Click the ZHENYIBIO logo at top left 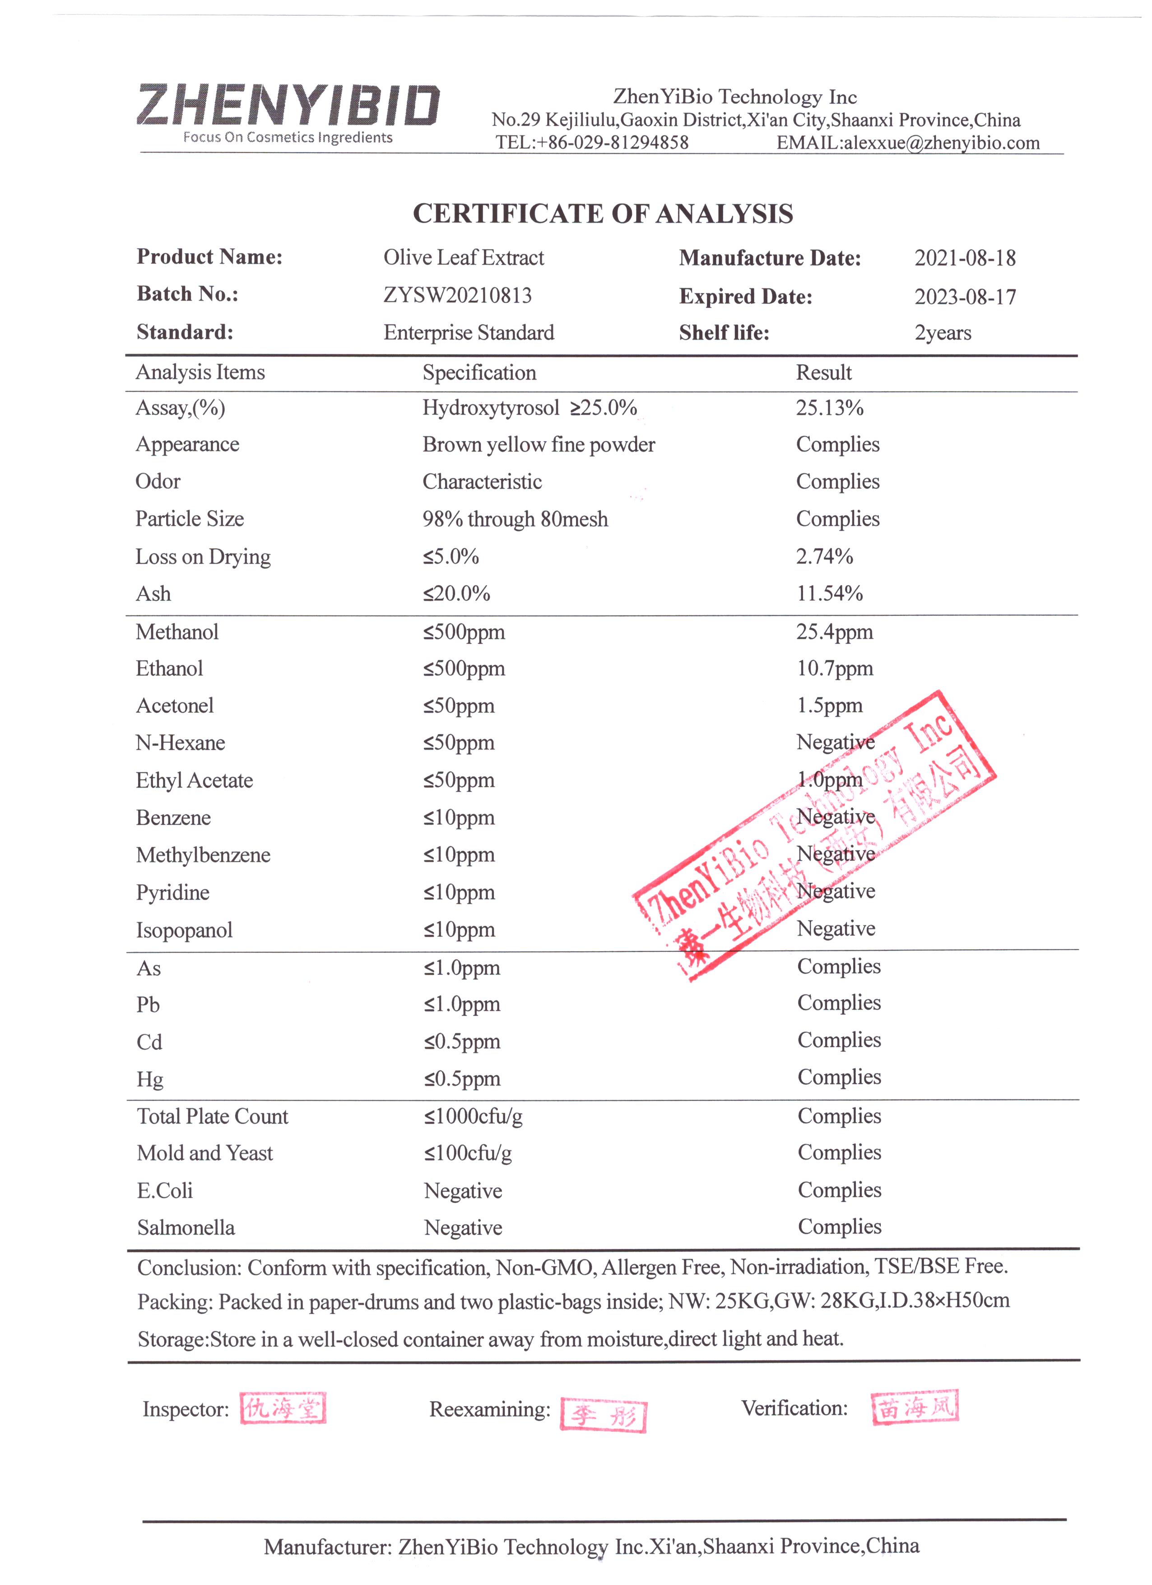pos(288,112)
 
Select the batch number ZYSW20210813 pos(458,296)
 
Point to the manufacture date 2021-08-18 pos(965,259)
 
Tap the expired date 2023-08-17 pos(965,297)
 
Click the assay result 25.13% pos(829,408)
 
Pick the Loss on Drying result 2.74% pos(824,557)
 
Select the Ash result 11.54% pos(829,594)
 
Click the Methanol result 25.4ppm pos(834,633)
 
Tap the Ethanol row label pos(169,669)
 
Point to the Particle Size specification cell pos(515,519)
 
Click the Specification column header pos(479,373)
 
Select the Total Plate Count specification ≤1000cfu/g pos(473,1116)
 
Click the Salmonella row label pos(186,1228)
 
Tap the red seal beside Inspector pos(283,1408)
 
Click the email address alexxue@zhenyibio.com pos(941,143)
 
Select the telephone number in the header pos(592,143)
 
